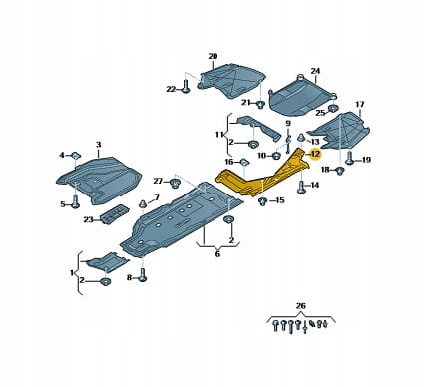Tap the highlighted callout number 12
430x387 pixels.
tap(315, 154)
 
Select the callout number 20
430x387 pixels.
tap(213, 56)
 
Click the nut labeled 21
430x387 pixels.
tap(260, 105)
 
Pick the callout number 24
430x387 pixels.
tap(315, 71)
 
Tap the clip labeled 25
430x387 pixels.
tap(333, 109)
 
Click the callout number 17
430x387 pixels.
tap(360, 105)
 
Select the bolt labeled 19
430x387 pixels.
tap(349, 158)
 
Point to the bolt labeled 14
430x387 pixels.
tap(301, 188)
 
